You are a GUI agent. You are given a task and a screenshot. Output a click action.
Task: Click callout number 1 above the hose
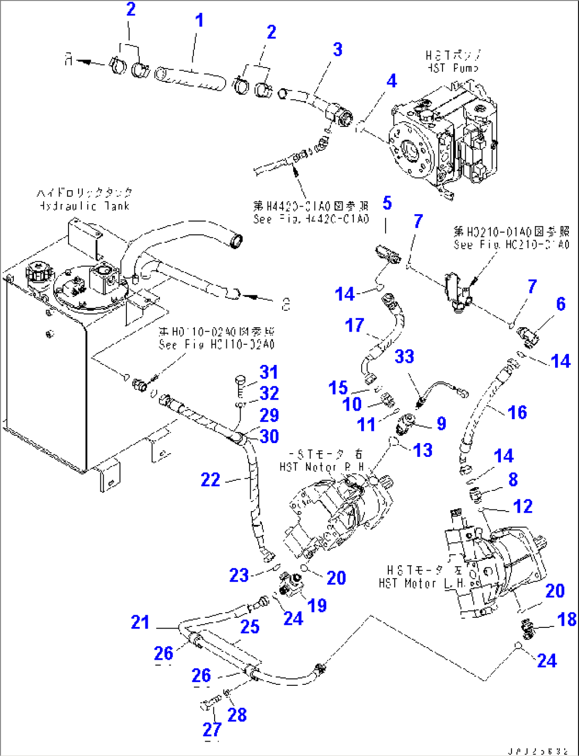click(x=199, y=21)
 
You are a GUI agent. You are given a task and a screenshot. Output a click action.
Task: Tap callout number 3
click(x=338, y=50)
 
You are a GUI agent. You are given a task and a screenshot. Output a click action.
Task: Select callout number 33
click(x=404, y=356)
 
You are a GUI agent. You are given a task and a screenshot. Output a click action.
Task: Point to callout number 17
click(x=354, y=325)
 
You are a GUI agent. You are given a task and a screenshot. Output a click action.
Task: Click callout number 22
click(x=210, y=480)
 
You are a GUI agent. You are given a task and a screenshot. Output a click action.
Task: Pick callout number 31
click(x=269, y=372)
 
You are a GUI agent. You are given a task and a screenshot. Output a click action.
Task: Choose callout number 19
click(x=317, y=605)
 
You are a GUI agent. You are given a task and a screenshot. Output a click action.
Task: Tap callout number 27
click(x=211, y=729)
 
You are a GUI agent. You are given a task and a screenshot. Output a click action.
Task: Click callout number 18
click(x=567, y=619)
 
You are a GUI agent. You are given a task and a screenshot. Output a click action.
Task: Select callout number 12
click(x=523, y=506)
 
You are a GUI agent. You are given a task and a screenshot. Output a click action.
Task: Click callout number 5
click(x=387, y=203)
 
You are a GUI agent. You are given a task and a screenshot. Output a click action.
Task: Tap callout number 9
click(x=441, y=423)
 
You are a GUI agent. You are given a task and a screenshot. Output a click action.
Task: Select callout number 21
click(x=140, y=622)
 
